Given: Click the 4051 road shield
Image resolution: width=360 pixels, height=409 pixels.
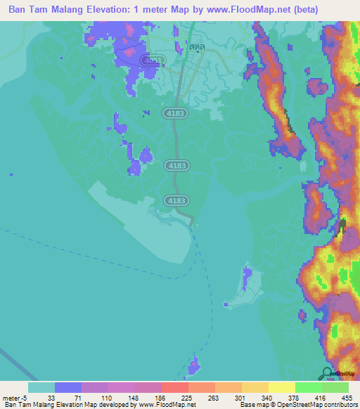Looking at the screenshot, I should click(x=150, y=60).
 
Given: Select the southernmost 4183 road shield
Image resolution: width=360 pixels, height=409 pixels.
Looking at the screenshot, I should click(x=176, y=201).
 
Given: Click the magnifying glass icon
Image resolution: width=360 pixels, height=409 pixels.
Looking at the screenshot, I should click(x=328, y=373).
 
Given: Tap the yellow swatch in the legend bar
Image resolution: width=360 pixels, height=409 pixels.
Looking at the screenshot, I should click(x=281, y=387).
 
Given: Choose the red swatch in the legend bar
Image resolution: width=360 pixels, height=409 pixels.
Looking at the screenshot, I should click(x=175, y=387).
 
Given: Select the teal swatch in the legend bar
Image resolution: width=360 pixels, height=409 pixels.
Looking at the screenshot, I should click(x=41, y=387).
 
